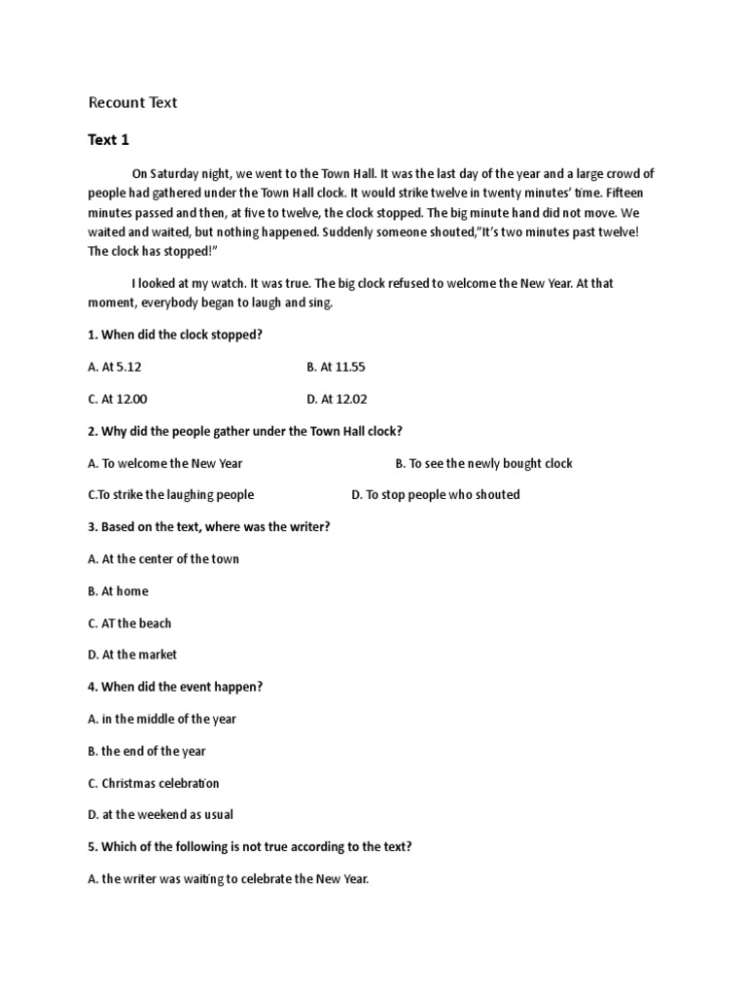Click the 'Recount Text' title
tap(132, 102)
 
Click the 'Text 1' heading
tap(108, 140)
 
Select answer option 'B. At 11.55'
tap(336, 367)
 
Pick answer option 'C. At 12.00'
tap(118, 399)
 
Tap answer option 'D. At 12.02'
tap(337, 399)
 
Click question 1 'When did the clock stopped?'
tap(175, 335)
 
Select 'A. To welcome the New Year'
tap(165, 463)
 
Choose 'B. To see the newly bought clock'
tap(483, 463)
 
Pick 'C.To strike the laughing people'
tap(171, 494)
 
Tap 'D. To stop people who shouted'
tap(435, 494)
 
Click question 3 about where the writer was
tap(209, 526)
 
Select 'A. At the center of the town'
tap(163, 558)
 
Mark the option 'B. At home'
tap(118, 590)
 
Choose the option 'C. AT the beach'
tap(129, 622)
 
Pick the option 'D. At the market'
tap(132, 655)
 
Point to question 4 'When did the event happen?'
tap(175, 687)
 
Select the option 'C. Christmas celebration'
tap(154, 783)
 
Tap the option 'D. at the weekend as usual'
tap(160, 814)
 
